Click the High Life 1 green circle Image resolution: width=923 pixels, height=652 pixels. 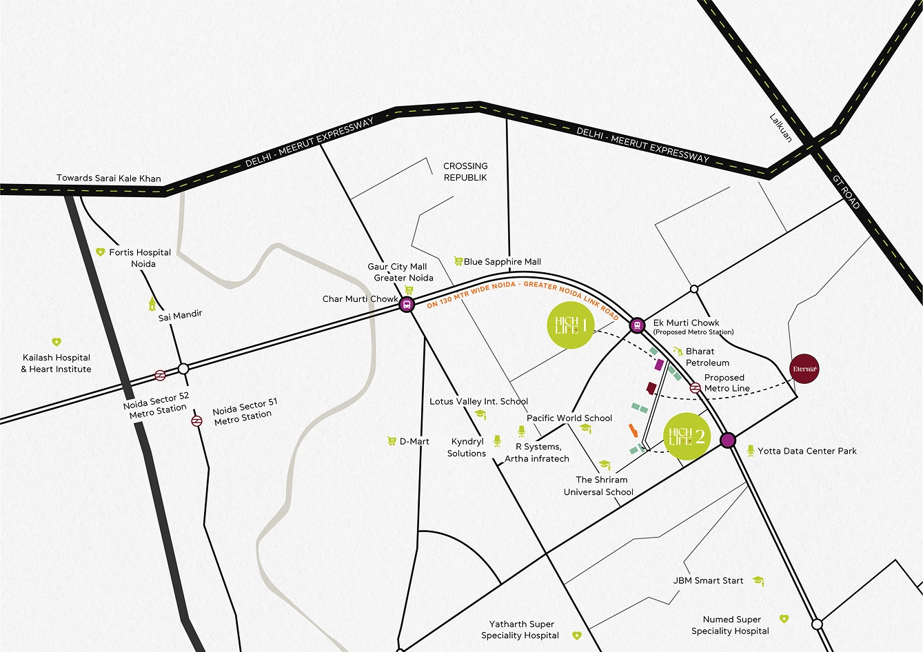click(571, 325)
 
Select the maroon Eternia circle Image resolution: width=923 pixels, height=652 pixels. click(804, 369)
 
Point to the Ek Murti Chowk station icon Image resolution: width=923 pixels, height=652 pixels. click(637, 325)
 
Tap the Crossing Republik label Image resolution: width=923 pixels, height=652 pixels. click(465, 172)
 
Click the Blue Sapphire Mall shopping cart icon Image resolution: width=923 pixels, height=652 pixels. click(458, 261)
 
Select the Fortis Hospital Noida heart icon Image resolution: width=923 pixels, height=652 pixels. click(100, 252)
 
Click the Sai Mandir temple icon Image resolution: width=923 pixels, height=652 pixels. click(152, 303)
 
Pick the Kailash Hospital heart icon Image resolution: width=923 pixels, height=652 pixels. click(57, 342)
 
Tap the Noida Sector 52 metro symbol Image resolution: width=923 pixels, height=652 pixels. click(160, 376)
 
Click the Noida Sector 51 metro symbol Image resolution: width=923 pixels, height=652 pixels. click(197, 420)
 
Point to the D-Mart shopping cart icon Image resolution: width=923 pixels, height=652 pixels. click(392, 441)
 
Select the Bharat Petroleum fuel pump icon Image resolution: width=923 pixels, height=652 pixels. click(678, 352)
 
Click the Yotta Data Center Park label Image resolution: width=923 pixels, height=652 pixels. click(807, 451)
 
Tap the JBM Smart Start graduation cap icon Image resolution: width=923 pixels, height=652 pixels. click(758, 581)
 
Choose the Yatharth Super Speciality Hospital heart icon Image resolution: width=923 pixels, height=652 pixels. click(577, 635)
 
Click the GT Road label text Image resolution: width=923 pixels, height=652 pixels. click(846, 192)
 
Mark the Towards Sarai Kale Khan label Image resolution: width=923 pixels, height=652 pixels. click(108, 178)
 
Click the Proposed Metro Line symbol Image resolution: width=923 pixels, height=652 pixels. click(695, 388)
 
